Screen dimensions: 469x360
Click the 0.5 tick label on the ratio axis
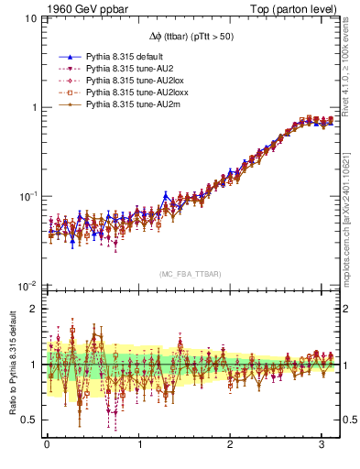[28, 420]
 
